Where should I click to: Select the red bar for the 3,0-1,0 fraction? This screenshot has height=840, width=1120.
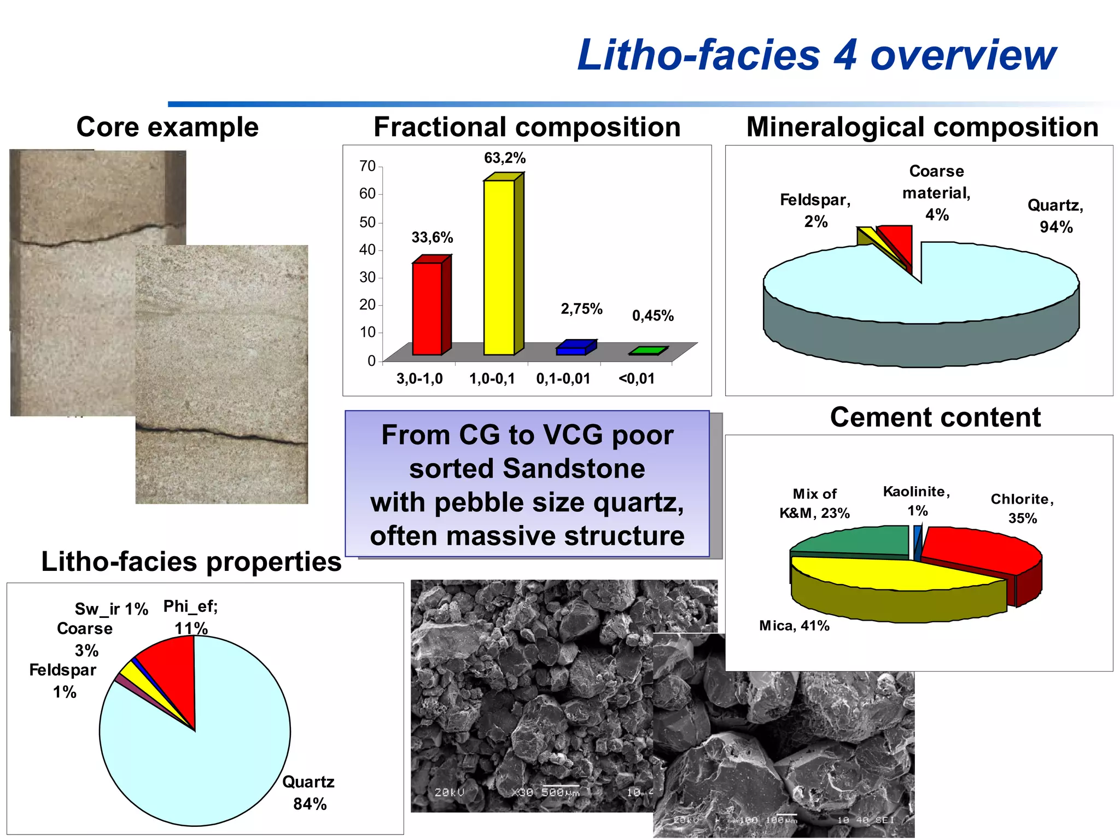427,308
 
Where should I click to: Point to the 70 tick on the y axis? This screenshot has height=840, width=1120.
367,166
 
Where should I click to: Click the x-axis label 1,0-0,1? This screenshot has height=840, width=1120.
492,378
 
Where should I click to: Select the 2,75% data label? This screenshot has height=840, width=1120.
581,309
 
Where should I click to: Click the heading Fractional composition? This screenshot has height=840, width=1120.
527,127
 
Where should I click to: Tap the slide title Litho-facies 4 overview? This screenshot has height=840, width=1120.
816,55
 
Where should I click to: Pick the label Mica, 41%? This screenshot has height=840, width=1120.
794,626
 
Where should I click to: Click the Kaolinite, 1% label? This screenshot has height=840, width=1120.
917,501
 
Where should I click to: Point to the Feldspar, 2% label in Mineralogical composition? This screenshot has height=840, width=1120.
815,211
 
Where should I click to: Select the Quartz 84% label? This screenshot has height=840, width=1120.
308,793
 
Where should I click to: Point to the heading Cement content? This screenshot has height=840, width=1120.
935,417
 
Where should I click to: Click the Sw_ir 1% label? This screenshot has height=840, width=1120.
112,609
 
